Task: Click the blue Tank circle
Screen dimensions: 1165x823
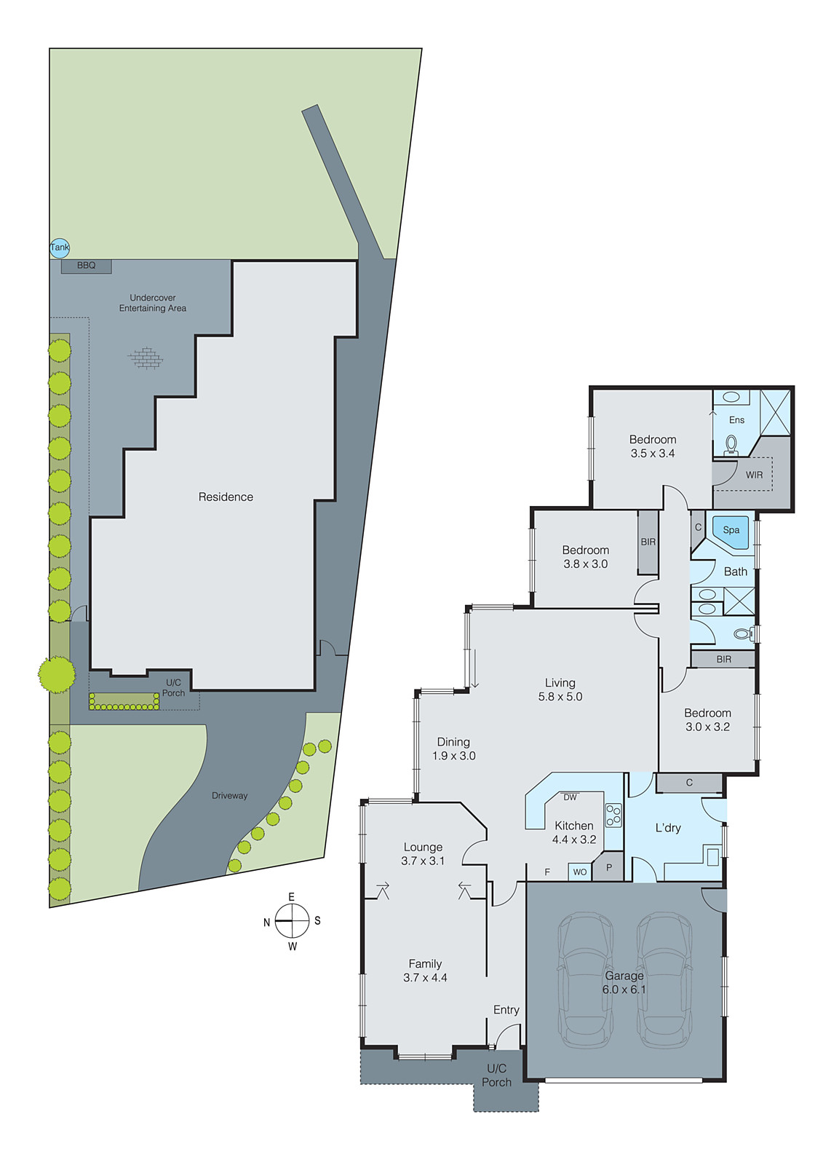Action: [60, 248]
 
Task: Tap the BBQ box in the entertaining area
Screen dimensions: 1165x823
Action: [86, 266]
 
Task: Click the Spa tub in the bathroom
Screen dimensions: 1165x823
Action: [731, 531]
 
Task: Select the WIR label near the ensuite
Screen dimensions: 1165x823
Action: [754, 475]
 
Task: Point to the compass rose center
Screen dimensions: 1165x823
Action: [292, 921]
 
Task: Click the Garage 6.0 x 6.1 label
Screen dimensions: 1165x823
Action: [624, 982]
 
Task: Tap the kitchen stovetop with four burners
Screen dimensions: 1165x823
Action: [613, 815]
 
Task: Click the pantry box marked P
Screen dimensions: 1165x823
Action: [609, 868]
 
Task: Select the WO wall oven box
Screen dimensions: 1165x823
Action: [580, 872]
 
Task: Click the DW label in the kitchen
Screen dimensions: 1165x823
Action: [570, 797]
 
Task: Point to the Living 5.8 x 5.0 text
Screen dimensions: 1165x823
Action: [560, 690]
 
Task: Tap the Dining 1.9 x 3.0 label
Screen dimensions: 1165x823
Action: [453, 749]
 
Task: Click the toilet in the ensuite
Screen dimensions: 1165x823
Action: [731, 445]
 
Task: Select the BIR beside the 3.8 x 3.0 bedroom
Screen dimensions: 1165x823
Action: [648, 542]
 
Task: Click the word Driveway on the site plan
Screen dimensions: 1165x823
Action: [229, 796]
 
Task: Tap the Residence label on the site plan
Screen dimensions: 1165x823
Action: [226, 497]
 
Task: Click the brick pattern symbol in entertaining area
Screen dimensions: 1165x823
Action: [146, 358]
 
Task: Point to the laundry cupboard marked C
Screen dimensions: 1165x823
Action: [689, 783]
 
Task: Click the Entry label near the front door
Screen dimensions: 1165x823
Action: [506, 1010]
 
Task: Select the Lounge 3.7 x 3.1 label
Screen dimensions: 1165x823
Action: [423, 853]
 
